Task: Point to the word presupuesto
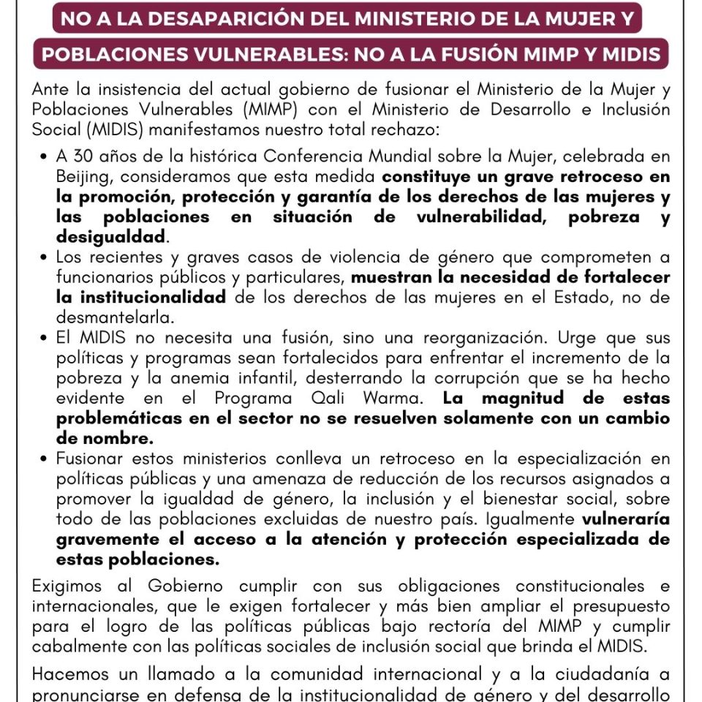pos(623,606)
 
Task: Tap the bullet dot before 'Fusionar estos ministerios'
pos(46,459)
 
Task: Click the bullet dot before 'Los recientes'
pos(46,257)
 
